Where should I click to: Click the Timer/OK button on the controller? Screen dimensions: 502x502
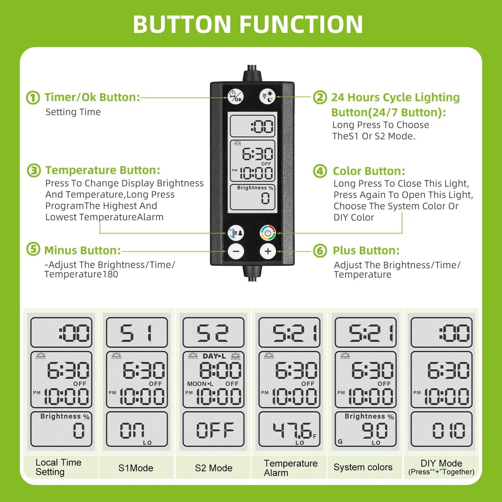point(236,96)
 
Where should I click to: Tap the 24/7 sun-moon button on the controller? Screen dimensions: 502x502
point(268,96)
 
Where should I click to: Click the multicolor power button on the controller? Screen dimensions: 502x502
point(268,233)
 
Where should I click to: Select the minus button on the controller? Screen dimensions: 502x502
point(236,251)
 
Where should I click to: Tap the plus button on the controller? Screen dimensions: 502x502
point(268,251)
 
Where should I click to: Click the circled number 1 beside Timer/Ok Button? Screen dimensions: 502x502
point(33,98)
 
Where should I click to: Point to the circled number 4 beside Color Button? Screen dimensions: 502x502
point(320,171)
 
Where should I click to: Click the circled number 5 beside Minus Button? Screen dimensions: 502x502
point(33,249)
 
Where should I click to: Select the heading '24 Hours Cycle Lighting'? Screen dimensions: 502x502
point(395,98)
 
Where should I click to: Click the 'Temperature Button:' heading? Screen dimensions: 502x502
point(102,170)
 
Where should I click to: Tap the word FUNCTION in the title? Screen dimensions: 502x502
point(301,24)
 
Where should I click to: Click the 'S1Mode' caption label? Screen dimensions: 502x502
point(136,468)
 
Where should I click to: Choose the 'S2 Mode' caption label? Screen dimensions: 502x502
point(213,468)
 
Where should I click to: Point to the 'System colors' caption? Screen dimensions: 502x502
point(363,467)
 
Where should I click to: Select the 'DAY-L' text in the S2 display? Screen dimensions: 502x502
point(214,356)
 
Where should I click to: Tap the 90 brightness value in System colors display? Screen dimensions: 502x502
point(375,431)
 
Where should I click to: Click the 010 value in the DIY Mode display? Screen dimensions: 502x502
point(448,431)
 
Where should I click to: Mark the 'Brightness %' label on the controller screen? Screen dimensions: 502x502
point(255,188)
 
